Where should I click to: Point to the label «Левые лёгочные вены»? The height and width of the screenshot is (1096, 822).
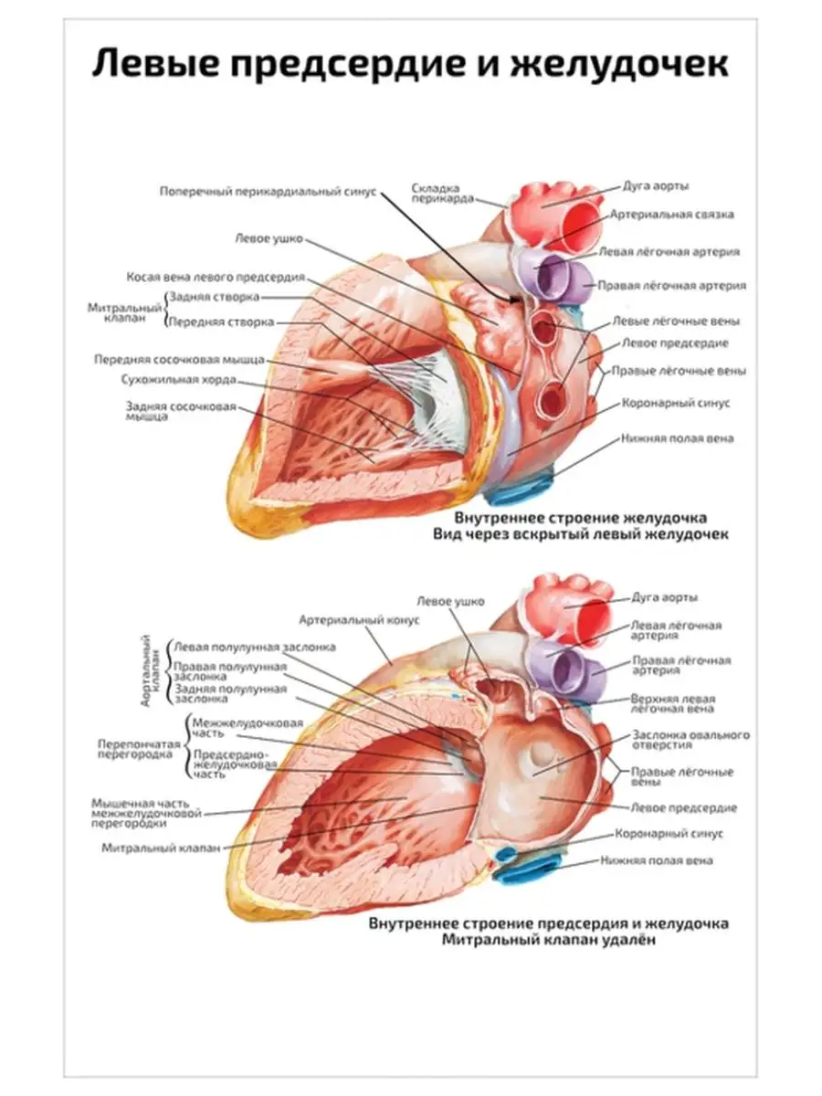click(x=675, y=321)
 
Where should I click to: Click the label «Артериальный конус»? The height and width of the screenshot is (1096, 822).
click(x=358, y=619)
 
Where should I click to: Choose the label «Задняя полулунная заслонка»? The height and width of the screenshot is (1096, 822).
click(x=230, y=693)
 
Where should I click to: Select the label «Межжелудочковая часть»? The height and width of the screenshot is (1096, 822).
click(x=248, y=727)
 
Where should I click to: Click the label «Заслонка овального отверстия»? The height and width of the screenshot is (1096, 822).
click(x=691, y=740)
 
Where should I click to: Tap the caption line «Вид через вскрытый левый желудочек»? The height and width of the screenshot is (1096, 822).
click(x=581, y=535)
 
